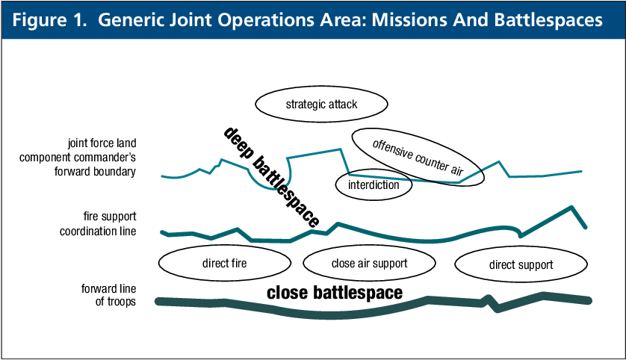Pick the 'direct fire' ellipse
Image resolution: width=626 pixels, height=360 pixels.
[224, 264]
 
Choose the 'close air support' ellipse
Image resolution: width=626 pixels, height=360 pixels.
[369, 263]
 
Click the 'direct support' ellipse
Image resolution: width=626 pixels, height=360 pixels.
[521, 264]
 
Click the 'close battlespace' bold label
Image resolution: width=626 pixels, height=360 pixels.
[335, 293]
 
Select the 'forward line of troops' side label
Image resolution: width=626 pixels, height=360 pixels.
[108, 295]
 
